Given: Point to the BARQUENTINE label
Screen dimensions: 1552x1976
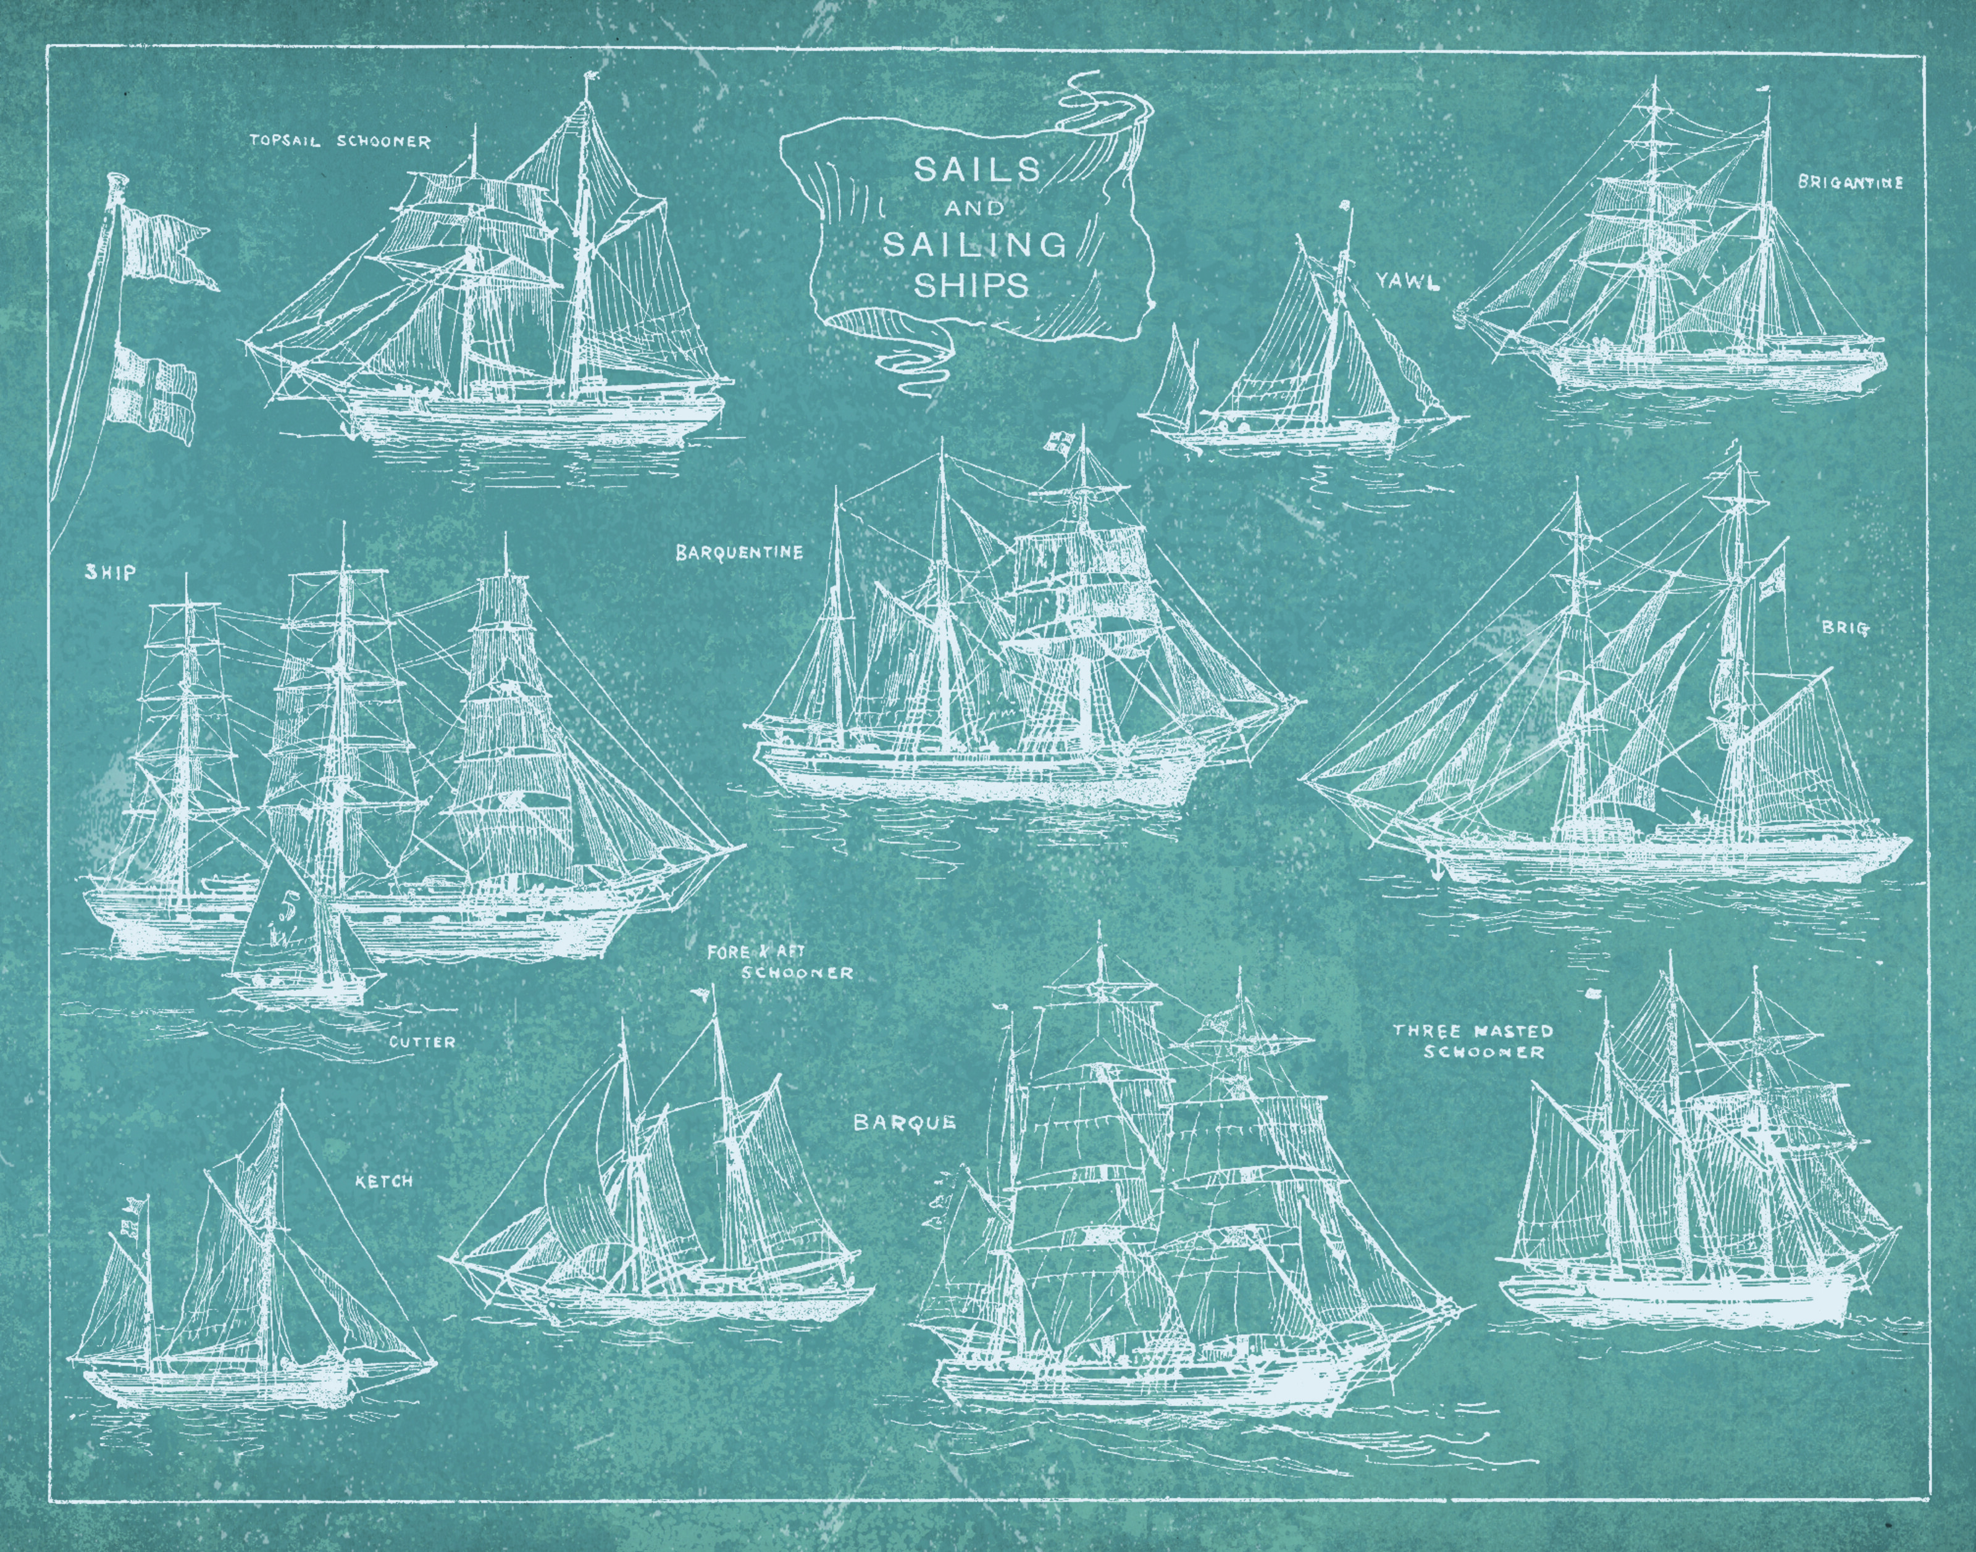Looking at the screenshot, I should [x=739, y=551].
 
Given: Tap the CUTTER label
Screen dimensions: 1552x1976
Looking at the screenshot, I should [x=422, y=1041].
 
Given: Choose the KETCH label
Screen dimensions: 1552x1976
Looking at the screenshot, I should [x=383, y=1181].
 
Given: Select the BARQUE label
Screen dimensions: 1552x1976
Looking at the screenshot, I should [x=905, y=1122].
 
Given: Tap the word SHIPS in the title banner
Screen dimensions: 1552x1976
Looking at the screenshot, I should [x=972, y=285].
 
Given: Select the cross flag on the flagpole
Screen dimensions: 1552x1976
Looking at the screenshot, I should [x=152, y=389].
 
